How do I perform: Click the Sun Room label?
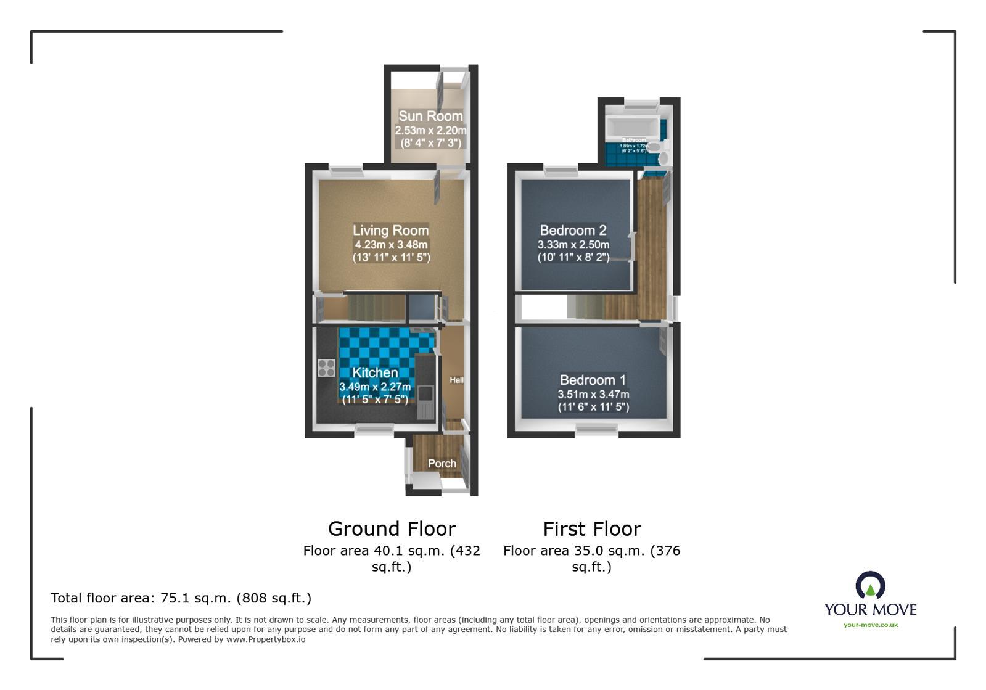pos(430,116)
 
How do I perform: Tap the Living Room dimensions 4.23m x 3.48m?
pos(391,245)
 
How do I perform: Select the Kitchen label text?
pos(375,372)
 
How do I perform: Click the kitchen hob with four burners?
pos(326,368)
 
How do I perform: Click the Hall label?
pos(456,380)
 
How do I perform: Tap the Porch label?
pos(442,463)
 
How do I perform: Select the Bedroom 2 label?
pos(573,230)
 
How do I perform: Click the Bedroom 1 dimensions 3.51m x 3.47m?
pos(593,394)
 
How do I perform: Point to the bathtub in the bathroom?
pos(631,128)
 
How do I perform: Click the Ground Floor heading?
pos(392,528)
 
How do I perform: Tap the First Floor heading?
pos(591,528)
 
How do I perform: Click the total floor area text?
pos(181,598)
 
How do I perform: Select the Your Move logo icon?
pos(870,585)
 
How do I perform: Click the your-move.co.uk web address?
pos(870,625)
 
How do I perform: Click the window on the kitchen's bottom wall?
pos(374,430)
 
